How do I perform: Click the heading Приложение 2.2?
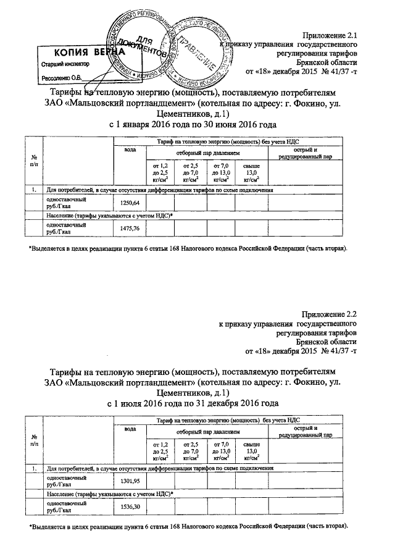330,314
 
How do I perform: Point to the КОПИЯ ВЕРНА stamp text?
77,53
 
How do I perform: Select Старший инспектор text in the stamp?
65,64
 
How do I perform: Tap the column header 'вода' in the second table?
130,428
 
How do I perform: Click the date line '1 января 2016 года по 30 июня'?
192,125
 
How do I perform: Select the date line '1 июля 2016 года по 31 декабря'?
192,403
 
